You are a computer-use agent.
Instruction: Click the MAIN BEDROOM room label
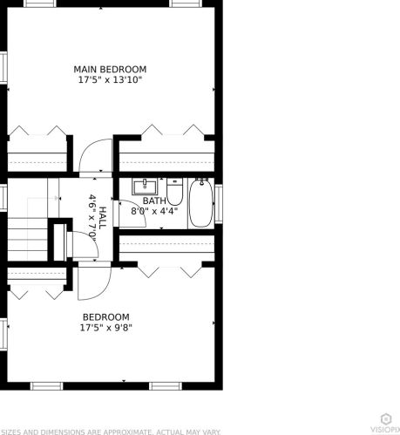click(x=110, y=69)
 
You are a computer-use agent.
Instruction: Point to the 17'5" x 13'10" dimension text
click(x=110, y=79)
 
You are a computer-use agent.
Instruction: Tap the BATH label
click(x=154, y=201)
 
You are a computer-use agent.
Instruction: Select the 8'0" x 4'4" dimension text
click(x=154, y=210)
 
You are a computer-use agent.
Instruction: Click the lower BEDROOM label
click(x=106, y=317)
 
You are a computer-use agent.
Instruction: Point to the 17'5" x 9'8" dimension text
click(x=106, y=328)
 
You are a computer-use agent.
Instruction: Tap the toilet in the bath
click(x=174, y=190)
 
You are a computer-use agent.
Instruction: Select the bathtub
click(x=201, y=202)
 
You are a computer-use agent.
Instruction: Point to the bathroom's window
click(x=219, y=199)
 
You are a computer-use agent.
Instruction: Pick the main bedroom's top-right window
click(x=184, y=3)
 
